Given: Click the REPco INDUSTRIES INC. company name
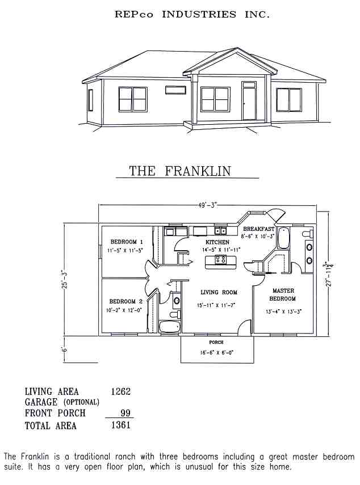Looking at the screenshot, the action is pos(192,14).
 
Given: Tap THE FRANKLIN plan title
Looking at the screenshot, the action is pos(180,171).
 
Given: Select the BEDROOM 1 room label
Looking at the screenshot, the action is pos(127,242).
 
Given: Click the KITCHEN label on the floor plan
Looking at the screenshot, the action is pos(217,242).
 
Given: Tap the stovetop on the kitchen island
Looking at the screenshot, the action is pos(220,259).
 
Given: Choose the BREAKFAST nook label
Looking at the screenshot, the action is pos(258,229).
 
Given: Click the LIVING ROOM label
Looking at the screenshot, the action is pos(219,292).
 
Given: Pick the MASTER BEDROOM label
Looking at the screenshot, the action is pos(283,295).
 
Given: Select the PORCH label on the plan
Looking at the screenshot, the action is pos(216,343).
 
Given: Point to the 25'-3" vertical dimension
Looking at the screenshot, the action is pos(64,279).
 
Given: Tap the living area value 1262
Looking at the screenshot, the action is pos(121,391).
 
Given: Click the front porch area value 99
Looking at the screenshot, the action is pos(125,413).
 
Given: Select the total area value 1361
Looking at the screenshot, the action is pos(121,425).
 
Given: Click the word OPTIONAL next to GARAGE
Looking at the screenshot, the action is pos(82,402).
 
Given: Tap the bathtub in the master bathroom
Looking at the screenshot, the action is pos(283,238).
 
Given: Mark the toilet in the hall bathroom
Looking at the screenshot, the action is pos(175,315).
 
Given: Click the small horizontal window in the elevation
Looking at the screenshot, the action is pos(175,90).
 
